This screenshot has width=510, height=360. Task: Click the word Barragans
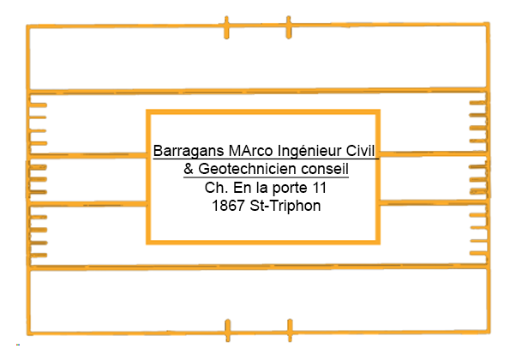tap(189, 151)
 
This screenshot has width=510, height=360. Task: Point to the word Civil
tap(360, 151)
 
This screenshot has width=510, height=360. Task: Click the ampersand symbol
tap(189, 169)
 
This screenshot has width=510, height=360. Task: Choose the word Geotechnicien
tap(248, 169)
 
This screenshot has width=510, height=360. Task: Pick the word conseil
tap(325, 169)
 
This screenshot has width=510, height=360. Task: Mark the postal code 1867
tap(228, 206)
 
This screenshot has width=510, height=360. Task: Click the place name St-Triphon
tap(285, 207)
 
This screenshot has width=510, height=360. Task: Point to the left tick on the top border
tap(226, 27)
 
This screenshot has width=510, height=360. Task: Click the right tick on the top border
tap(289, 27)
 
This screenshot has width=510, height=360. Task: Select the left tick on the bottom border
tap(228, 330)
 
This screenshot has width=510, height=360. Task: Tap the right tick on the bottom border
tap(290, 330)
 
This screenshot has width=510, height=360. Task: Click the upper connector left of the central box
tap(87, 155)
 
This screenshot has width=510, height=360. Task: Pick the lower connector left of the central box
tap(87, 204)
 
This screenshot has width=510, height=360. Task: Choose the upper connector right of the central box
tap(433, 153)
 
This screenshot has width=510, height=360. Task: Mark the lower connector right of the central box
tap(433, 202)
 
